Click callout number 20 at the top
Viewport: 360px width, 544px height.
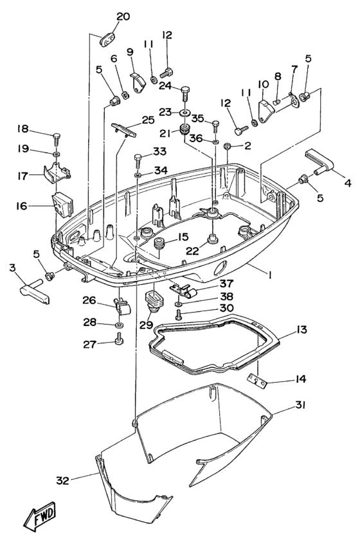(x=122, y=16)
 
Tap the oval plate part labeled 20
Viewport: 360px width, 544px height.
(x=106, y=40)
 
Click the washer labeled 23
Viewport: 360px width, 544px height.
(x=184, y=113)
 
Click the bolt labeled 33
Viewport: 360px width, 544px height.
(x=138, y=158)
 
